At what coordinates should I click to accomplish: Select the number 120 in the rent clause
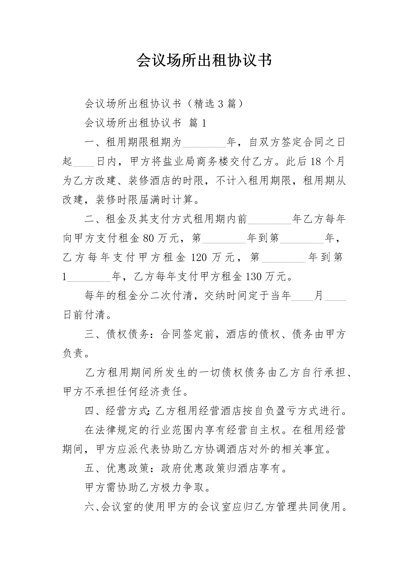(x=199, y=257)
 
